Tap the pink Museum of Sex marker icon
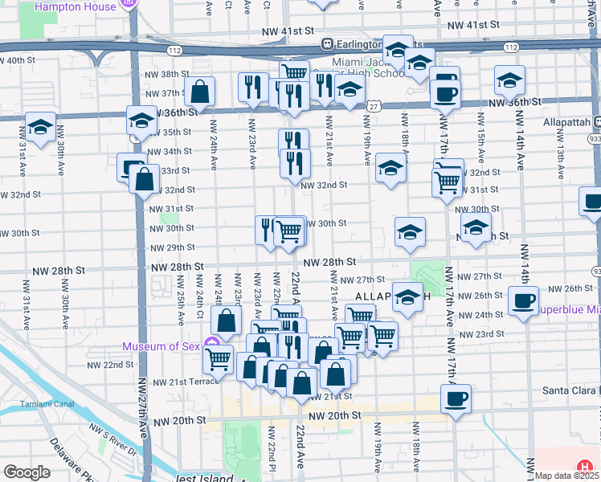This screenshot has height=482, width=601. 213,346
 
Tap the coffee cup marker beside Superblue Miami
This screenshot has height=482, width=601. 524,301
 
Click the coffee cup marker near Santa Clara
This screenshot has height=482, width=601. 456,398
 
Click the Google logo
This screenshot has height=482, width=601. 27,472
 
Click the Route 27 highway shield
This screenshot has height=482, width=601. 374,107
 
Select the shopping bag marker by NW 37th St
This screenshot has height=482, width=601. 199,92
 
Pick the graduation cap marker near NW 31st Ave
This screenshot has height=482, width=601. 39,126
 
